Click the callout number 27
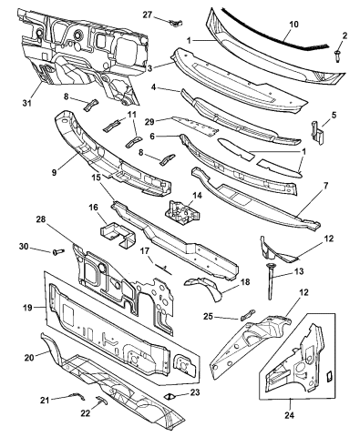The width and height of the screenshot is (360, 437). coord(148,15)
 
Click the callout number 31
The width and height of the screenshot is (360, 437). coord(27,103)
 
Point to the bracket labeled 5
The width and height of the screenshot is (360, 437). coord(316,133)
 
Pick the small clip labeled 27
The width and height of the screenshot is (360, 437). coord(176,23)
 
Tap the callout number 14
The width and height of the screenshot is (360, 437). coord(197,196)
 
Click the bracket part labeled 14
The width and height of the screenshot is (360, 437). coord(182,212)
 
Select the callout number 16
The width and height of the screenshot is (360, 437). coord(93,208)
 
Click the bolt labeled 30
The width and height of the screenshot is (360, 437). coord(59,251)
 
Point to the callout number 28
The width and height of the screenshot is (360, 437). coord(41,219)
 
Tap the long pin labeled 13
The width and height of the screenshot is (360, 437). coord(270,281)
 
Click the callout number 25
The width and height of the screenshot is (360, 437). coord(208,316)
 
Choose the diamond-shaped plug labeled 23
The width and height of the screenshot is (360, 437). coord(170,396)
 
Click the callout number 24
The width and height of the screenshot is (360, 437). coord(290,415)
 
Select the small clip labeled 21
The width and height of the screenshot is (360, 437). coord(78,396)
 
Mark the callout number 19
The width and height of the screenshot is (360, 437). coord(27,308)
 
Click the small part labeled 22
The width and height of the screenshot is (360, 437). coord(101,400)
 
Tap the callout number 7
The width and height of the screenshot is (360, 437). coord(325,186)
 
